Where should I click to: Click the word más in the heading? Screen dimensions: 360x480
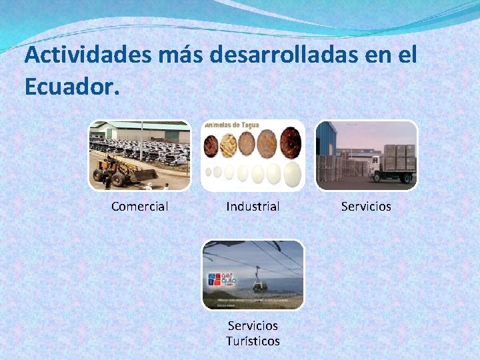[179, 55]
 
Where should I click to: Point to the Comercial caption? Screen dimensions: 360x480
[139, 207]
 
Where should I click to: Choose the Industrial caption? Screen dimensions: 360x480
[253, 207]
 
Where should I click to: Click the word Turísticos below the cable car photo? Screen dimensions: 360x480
[253, 341]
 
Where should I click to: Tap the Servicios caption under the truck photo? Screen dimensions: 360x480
[366, 207]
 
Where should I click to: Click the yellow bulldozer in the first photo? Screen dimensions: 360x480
[119, 171]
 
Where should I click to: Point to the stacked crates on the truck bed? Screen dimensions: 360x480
[399, 157]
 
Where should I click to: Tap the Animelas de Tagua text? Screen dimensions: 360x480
[231, 125]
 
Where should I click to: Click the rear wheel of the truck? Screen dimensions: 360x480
[405, 179]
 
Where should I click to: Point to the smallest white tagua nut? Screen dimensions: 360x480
[207, 171]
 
